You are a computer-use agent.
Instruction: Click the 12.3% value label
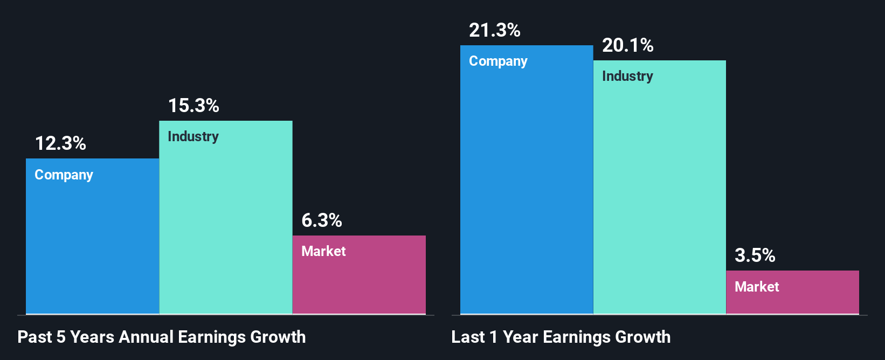(x=60, y=143)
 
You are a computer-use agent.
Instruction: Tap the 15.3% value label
(x=193, y=106)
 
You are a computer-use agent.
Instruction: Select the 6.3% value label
(x=322, y=220)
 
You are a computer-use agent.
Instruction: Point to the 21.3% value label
(x=495, y=30)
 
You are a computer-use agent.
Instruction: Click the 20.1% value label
(x=628, y=45)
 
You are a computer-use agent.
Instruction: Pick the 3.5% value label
(x=755, y=255)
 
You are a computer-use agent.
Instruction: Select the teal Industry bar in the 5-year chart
(x=226, y=226)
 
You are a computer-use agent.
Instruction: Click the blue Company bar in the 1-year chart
(x=527, y=189)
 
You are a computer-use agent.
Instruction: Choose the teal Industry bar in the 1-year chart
(x=660, y=194)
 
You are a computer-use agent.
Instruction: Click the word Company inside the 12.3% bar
(x=64, y=175)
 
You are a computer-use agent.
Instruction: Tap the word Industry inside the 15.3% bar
(x=193, y=137)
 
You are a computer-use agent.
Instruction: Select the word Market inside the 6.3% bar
(x=323, y=251)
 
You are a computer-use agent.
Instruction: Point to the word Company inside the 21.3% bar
(x=498, y=61)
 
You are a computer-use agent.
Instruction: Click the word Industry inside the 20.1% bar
(x=627, y=77)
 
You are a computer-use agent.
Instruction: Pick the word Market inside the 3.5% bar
(x=757, y=287)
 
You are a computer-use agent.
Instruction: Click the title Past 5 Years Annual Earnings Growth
(x=162, y=337)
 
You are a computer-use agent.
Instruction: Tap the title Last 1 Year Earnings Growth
(x=561, y=337)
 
